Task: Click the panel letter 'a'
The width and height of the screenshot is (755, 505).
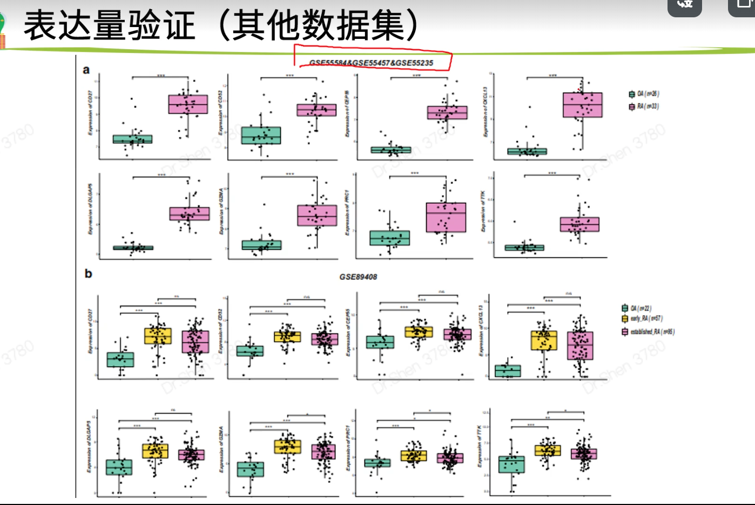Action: click(86, 70)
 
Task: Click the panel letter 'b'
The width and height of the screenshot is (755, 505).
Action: click(89, 274)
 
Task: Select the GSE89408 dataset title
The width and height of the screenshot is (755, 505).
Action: click(358, 277)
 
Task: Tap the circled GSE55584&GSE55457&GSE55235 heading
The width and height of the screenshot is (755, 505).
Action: click(371, 63)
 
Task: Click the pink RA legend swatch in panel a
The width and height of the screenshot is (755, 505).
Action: click(631, 107)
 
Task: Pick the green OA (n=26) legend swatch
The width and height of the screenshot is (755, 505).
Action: click(631, 94)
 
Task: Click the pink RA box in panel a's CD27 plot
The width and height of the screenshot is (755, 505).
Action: click(188, 104)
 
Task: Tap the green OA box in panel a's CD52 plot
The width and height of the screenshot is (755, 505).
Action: click(261, 135)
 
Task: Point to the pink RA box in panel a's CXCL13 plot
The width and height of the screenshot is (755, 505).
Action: click(582, 105)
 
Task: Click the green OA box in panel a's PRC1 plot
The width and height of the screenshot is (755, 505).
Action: click(389, 238)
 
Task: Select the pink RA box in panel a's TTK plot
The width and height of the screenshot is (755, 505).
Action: click(579, 224)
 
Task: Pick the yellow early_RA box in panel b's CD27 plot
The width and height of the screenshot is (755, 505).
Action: click(158, 336)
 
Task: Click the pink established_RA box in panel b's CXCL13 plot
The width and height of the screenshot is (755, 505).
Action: click(580, 345)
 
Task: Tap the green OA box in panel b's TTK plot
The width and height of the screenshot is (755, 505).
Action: click(511, 464)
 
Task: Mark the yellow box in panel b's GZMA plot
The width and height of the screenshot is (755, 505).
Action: click(287, 447)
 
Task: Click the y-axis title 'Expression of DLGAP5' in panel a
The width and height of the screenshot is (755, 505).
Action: click(90, 209)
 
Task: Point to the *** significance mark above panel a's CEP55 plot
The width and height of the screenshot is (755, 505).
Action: click(416, 76)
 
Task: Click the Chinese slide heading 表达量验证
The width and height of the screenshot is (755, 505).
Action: click(109, 25)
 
